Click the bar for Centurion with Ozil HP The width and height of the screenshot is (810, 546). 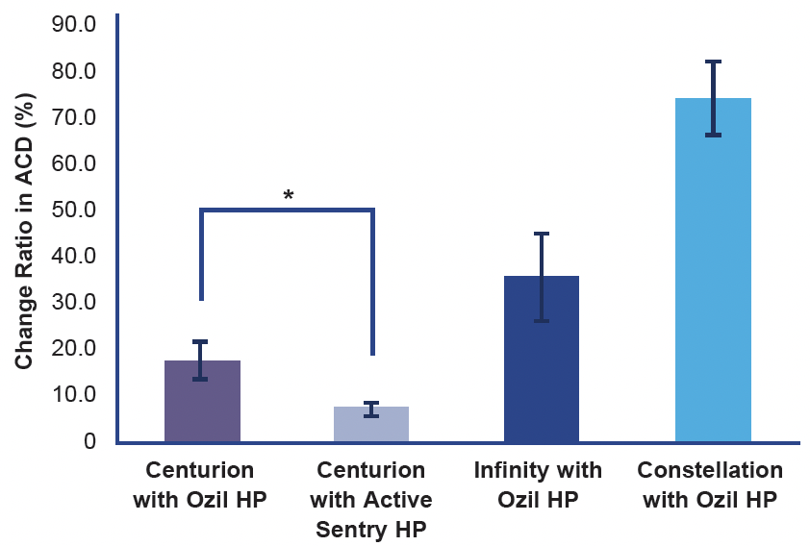click(x=202, y=404)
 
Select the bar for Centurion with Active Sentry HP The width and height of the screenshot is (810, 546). click(x=371, y=425)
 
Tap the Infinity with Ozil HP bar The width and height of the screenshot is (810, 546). click(x=542, y=360)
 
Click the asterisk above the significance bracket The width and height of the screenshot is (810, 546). click(x=288, y=196)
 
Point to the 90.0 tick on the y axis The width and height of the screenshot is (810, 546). click(x=72, y=24)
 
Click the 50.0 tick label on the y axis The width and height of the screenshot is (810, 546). click(x=72, y=209)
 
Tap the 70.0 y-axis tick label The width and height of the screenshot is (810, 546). click(x=72, y=116)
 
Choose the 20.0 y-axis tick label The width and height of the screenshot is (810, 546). click(x=72, y=347)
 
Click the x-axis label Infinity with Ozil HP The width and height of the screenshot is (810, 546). click(x=538, y=485)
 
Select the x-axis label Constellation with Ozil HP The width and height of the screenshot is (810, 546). click(x=710, y=485)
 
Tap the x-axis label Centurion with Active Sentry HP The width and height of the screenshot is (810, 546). click(x=371, y=500)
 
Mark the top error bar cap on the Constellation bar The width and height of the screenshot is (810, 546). click(x=713, y=62)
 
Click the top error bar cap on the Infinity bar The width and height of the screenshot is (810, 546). click(x=542, y=234)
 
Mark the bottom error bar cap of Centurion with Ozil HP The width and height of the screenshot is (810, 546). click(x=200, y=379)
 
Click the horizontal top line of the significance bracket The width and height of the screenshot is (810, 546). click(x=287, y=210)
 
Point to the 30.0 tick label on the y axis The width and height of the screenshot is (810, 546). click(x=72, y=301)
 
